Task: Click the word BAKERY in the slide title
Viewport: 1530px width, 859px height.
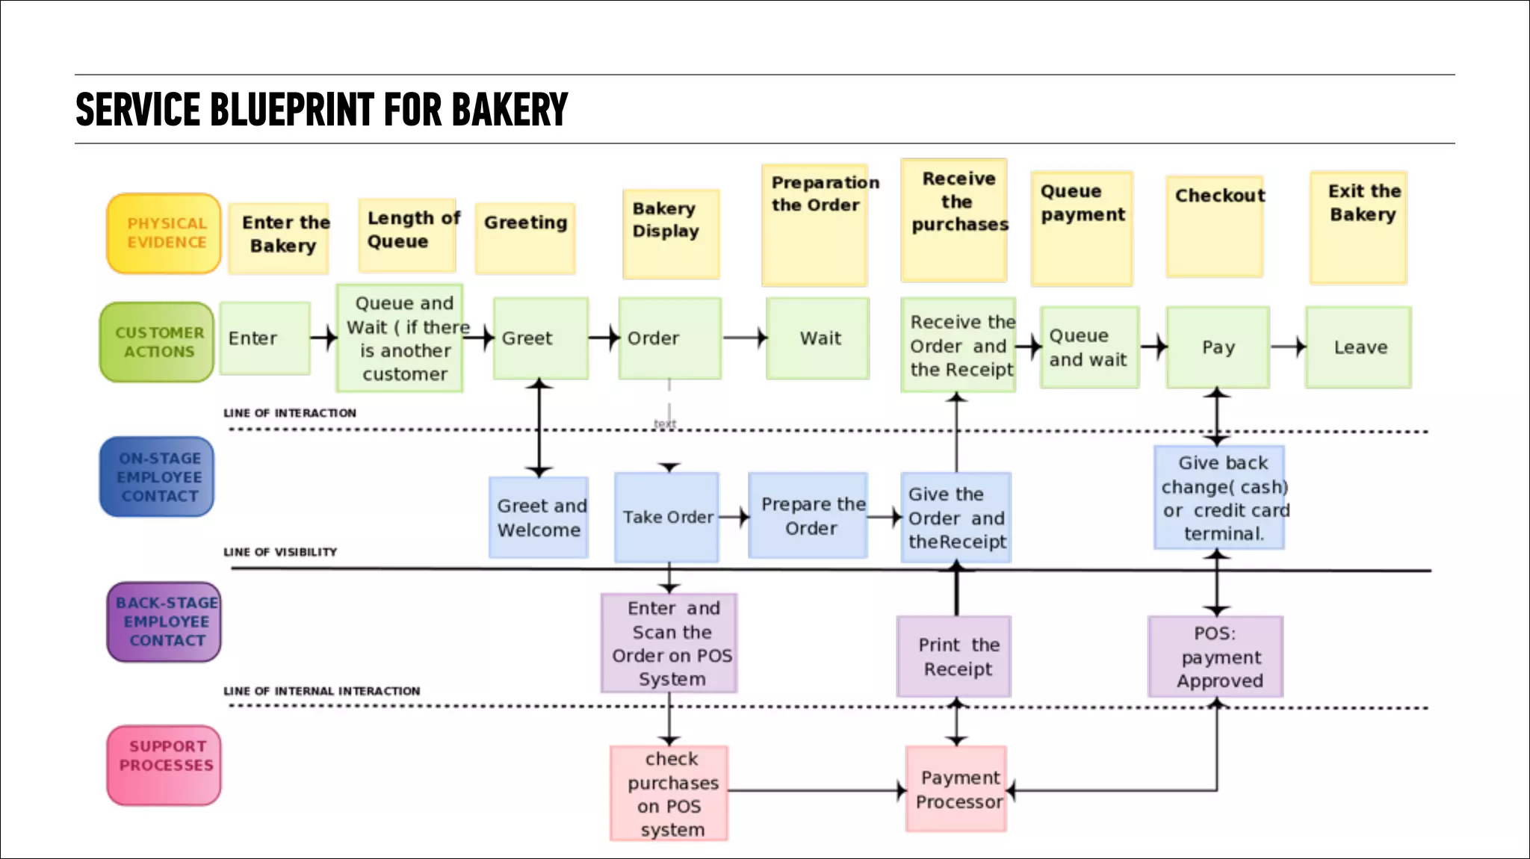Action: [x=510, y=110]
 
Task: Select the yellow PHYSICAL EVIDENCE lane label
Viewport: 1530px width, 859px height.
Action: [x=164, y=233]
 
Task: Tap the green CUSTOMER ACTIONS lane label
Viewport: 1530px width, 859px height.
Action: [x=158, y=342]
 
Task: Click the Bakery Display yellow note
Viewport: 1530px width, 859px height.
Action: [x=671, y=234]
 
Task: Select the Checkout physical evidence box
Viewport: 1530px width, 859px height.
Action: [x=1215, y=226]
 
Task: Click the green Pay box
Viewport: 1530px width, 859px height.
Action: [x=1218, y=347]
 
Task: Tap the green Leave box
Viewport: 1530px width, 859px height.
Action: [x=1358, y=347]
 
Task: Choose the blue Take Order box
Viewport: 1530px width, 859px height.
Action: [x=666, y=517]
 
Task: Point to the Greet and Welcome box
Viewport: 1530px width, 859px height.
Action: [x=539, y=518]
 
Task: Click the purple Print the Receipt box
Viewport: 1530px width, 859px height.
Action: [x=954, y=657]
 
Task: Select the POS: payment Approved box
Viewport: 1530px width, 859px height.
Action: [x=1215, y=657]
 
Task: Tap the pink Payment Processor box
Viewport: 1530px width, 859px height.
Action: [x=956, y=790]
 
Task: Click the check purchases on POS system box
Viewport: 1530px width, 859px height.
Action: [x=669, y=793]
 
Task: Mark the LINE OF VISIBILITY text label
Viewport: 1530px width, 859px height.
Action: [x=280, y=552]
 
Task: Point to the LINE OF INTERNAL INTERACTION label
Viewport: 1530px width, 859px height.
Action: [x=321, y=691]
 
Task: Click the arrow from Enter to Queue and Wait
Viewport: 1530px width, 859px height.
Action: [x=323, y=338]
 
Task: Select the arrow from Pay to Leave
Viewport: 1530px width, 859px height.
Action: [x=1288, y=347]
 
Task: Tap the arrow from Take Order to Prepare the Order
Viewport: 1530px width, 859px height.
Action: [x=734, y=516]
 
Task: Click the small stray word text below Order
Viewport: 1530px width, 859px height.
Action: [x=664, y=424]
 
